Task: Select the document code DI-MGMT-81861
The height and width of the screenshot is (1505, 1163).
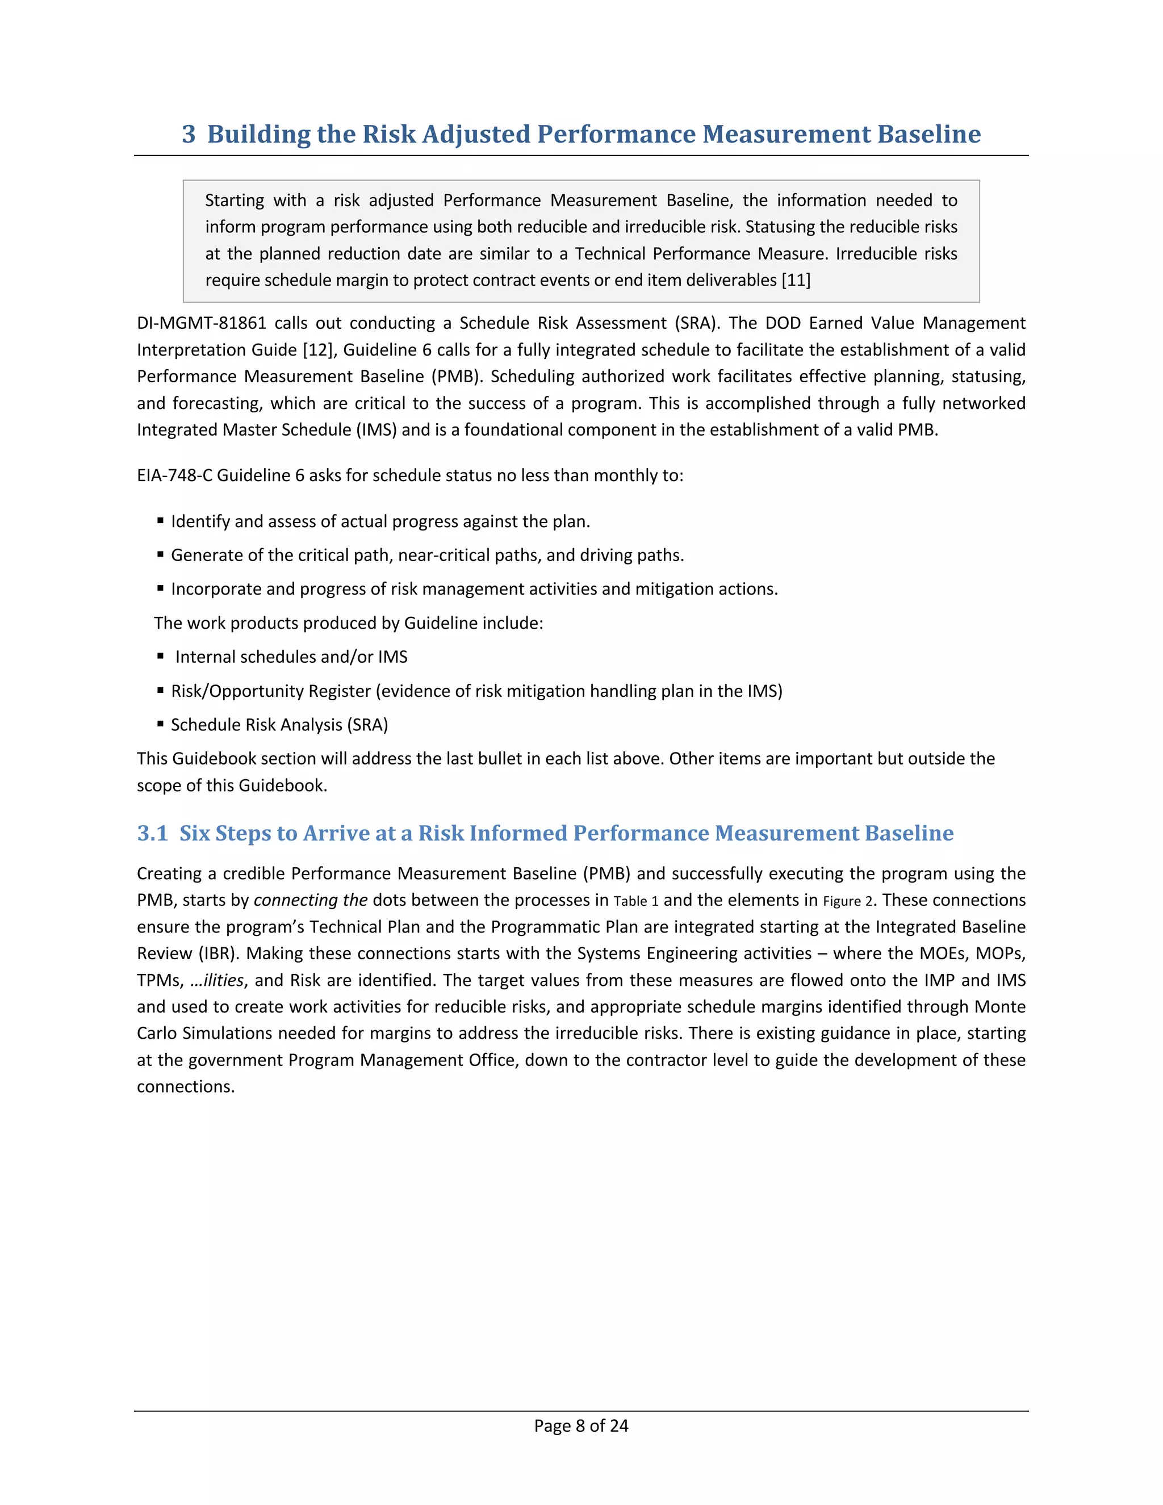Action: click(201, 323)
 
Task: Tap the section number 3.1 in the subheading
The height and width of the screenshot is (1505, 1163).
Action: click(152, 833)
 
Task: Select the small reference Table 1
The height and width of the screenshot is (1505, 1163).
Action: click(636, 901)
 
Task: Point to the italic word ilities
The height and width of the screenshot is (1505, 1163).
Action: click(223, 981)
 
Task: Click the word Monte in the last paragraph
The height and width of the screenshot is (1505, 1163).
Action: click(999, 1007)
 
